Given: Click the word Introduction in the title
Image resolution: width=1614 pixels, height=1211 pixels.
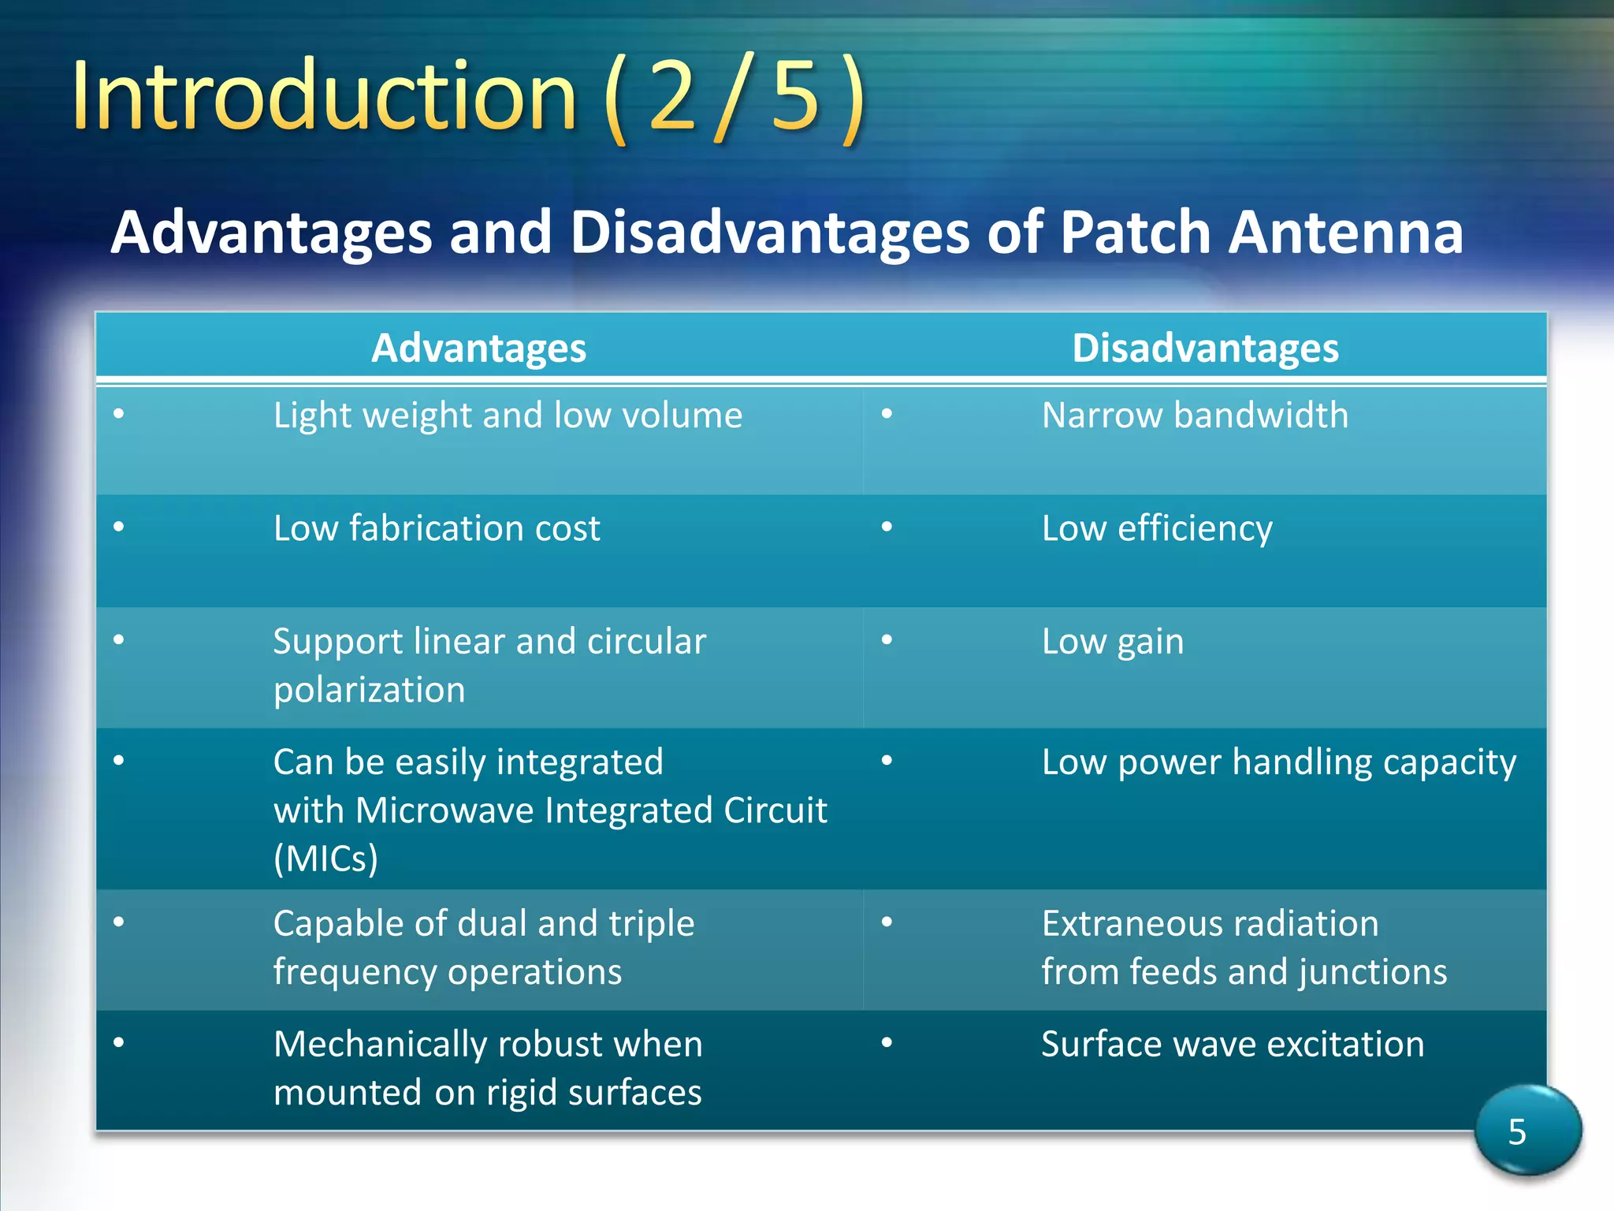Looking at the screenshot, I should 323,97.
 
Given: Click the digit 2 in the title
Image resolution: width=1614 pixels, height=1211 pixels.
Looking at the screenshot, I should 671,97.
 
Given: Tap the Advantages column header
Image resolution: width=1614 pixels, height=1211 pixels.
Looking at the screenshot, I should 478,348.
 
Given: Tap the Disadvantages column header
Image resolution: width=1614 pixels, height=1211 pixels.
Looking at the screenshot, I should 1205,348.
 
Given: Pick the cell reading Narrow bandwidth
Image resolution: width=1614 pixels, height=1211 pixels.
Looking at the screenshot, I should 1195,415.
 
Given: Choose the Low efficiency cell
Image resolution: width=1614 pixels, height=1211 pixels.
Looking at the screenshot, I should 1156,528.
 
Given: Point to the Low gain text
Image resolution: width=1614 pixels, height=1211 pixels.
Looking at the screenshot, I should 1112,642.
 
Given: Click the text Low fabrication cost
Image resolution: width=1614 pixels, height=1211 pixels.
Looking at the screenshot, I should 437,528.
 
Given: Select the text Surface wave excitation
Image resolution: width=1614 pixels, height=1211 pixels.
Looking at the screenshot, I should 1233,1044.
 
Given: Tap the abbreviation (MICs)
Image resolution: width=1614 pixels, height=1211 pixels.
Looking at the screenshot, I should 325,859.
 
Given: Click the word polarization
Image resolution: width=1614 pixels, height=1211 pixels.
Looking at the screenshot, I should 369,690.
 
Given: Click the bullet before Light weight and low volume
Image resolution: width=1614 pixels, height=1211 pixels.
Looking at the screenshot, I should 119,413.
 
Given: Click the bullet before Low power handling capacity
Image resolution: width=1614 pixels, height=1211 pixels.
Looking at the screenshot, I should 887,760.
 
